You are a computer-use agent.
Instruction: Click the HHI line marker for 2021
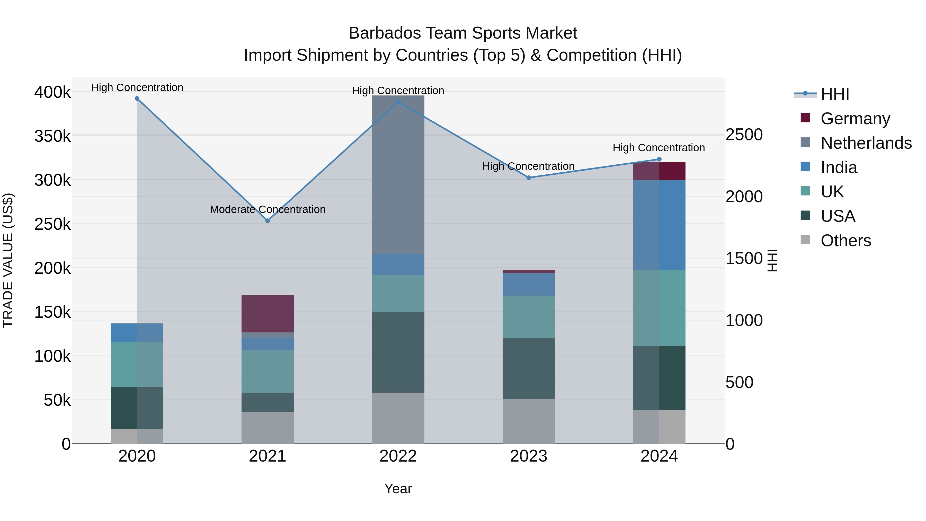tap(268, 221)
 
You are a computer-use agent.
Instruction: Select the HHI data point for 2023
tap(528, 178)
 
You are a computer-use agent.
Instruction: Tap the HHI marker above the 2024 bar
tap(659, 159)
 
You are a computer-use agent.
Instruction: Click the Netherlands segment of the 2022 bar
tap(398, 175)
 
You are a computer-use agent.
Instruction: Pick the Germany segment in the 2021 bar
tap(268, 314)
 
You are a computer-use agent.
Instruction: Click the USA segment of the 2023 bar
tap(528, 368)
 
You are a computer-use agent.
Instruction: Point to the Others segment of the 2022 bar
tap(398, 418)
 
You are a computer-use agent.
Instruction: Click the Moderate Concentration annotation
tap(268, 209)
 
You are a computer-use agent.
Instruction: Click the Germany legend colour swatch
tap(805, 118)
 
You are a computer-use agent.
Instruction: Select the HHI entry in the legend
tap(835, 94)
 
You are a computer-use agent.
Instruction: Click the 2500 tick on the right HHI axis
tap(744, 135)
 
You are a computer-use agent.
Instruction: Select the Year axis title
tap(398, 489)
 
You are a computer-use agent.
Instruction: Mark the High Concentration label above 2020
tap(137, 87)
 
